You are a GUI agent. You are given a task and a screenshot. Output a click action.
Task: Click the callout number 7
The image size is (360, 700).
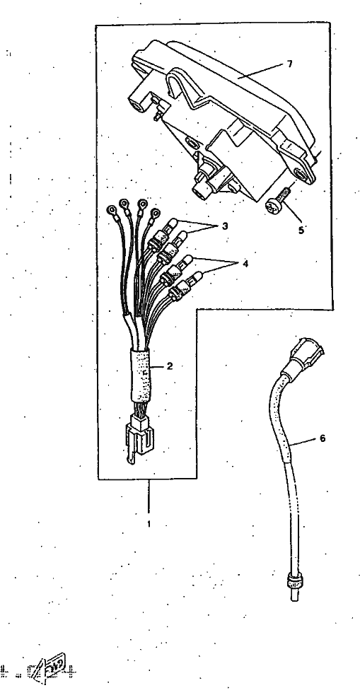click(x=289, y=64)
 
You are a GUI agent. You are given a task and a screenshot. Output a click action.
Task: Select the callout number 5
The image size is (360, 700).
click(x=301, y=230)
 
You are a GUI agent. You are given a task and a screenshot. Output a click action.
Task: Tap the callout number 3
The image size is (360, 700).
click(x=224, y=226)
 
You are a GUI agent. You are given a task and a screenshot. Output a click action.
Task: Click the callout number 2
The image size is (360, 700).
click(x=170, y=366)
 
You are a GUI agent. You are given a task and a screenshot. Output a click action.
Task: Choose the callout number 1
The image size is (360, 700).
click(x=149, y=524)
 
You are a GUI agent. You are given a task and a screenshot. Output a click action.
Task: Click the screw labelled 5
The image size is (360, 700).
click(x=277, y=201)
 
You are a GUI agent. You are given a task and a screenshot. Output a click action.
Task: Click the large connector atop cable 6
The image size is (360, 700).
click(x=304, y=356)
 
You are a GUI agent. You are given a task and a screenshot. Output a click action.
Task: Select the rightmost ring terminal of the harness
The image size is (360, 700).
click(x=155, y=214)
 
